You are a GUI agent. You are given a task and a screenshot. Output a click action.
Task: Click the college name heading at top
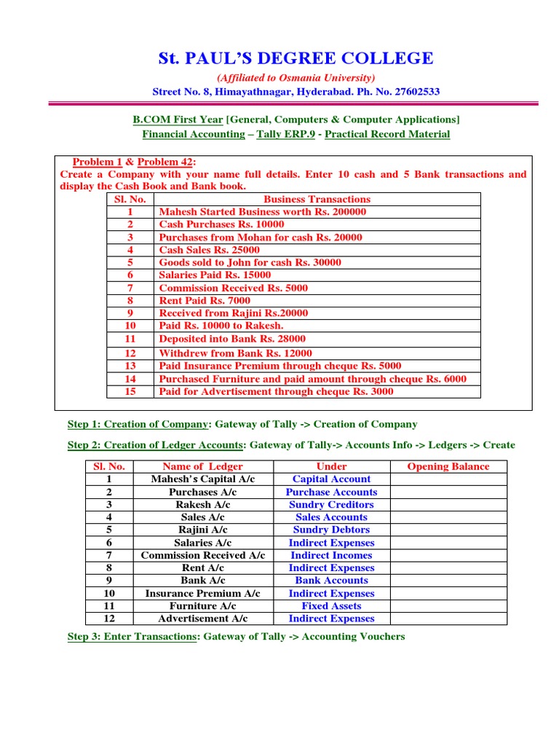296,58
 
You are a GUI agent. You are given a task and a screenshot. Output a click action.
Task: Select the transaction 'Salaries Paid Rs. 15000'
215,275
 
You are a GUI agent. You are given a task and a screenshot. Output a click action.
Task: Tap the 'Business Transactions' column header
317,199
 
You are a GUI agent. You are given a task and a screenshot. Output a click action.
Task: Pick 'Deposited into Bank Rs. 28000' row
232,339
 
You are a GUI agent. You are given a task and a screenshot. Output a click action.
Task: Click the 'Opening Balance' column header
448,466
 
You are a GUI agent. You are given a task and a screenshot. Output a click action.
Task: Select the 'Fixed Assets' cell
331,606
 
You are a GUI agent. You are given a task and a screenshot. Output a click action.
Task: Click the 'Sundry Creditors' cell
331,505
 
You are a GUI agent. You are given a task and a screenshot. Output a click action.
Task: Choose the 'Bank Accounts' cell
331,581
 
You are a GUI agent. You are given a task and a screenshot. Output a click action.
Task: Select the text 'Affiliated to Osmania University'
296,78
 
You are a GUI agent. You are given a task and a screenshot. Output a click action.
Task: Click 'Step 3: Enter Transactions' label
132,637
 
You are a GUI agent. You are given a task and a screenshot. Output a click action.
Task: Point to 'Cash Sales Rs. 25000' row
209,250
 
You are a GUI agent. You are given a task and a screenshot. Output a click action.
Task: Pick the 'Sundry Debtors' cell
331,530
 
